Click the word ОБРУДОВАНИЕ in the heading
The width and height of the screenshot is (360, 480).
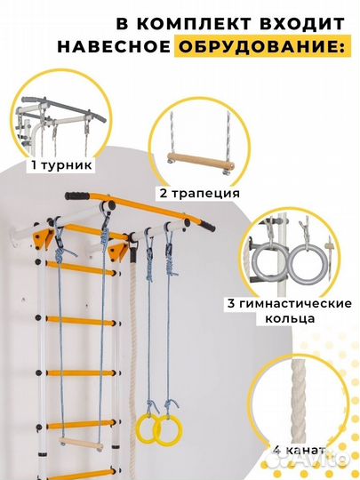(x=261, y=47)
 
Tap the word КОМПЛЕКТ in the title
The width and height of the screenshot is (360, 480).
(x=194, y=24)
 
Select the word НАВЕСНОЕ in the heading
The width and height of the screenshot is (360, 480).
(x=114, y=47)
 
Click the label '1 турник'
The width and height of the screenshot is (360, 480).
(x=62, y=165)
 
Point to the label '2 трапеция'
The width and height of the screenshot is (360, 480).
(x=199, y=193)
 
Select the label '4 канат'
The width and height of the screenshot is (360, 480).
(x=299, y=450)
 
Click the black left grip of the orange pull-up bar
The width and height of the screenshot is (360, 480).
(x=76, y=196)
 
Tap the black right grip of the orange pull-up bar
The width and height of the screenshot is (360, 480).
(x=206, y=226)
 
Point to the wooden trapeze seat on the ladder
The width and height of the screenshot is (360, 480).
(x=81, y=444)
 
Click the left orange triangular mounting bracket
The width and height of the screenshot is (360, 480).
(x=44, y=237)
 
